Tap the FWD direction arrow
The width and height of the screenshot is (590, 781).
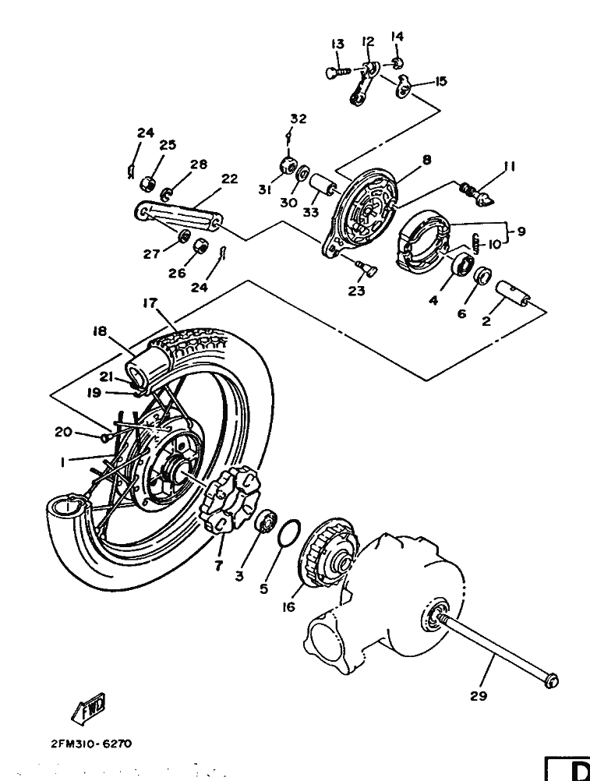tap(89, 707)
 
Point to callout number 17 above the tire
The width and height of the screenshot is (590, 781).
tap(150, 302)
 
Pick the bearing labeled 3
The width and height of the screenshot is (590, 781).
tap(266, 521)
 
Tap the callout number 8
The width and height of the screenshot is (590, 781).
tap(426, 160)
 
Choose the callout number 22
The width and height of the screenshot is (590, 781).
tap(228, 178)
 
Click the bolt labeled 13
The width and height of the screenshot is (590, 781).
tap(337, 72)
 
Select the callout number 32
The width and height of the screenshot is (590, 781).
tap(299, 119)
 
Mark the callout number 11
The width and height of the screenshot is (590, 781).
tap(509, 166)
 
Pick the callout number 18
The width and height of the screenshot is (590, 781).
tap(99, 331)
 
